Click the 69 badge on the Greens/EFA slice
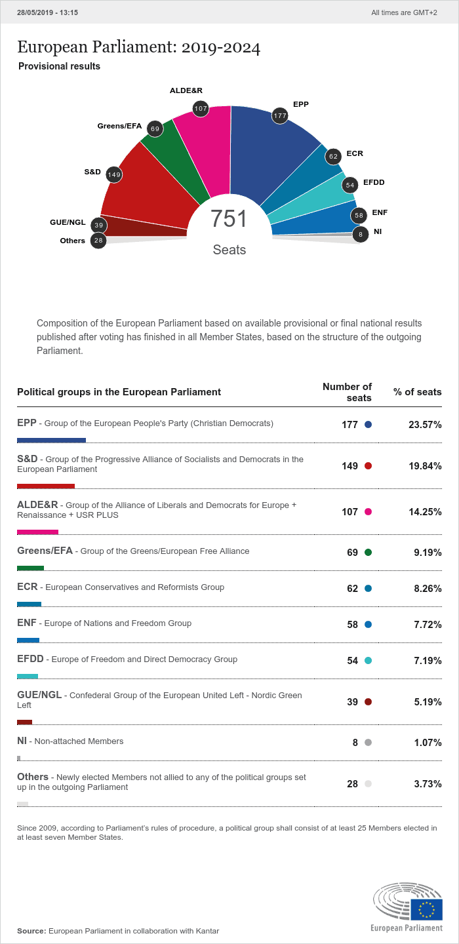pyautogui.click(x=155, y=129)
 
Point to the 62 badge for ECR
pyautogui.click(x=333, y=156)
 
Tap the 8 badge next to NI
pyautogui.click(x=360, y=234)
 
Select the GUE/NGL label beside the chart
pyautogui.click(x=68, y=222)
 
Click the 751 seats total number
pyautogui.click(x=229, y=219)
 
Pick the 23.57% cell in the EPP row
pyautogui.click(x=425, y=425)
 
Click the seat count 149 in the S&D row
pyautogui.click(x=349, y=466)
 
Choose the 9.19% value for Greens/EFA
pyautogui.click(x=428, y=553)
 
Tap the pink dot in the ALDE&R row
pyautogui.click(x=368, y=512)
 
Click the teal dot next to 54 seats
pyautogui.click(x=368, y=661)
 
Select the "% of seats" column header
pyautogui.click(x=417, y=392)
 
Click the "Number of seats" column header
pyautogui.click(x=347, y=392)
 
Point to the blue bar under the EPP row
pyautogui.click(x=51, y=441)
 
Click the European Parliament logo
pyautogui.click(x=407, y=907)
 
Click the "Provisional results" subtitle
pyautogui.click(x=59, y=66)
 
